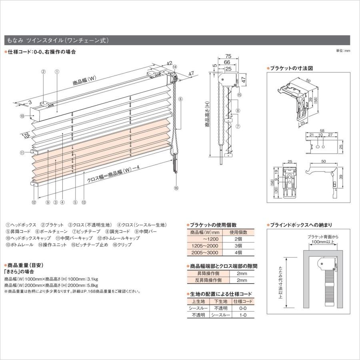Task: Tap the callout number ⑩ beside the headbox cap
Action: (22, 116)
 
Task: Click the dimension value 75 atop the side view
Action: (228, 56)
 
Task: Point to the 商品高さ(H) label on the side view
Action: (207, 114)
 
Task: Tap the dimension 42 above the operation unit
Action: (170, 63)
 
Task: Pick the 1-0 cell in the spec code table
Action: (243, 315)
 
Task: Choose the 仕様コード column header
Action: (243, 301)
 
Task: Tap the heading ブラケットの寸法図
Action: (291, 68)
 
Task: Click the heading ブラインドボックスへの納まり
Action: (301, 225)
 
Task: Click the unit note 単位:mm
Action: (343, 51)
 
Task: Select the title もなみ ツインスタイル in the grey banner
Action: (56, 40)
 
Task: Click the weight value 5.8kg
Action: (92, 285)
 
